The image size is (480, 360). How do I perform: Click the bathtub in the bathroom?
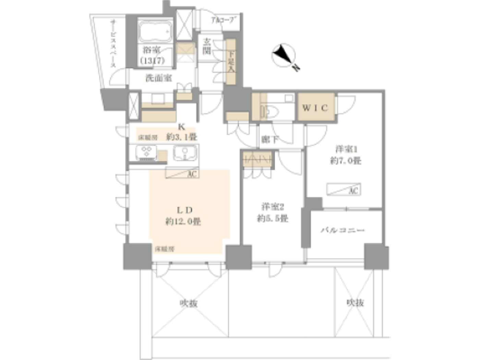pyautogui.click(x=155, y=32)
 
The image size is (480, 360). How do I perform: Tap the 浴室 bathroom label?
pyautogui.click(x=152, y=50)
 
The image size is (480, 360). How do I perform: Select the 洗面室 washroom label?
pyautogui.click(x=158, y=78)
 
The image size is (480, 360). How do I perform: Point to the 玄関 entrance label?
pyautogui.click(x=207, y=46)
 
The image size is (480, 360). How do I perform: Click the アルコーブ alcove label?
pyautogui.click(x=222, y=20)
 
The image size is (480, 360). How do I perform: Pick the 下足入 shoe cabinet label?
pyautogui.click(x=231, y=61)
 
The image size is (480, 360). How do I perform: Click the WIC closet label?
pyautogui.click(x=315, y=108)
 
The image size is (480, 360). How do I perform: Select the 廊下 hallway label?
pyautogui.click(x=269, y=139)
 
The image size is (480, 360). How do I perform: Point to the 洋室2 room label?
pyautogui.click(x=273, y=207)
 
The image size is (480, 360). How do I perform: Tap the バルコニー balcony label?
pyautogui.click(x=343, y=230)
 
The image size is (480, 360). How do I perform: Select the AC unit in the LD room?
pyautogui.click(x=182, y=173)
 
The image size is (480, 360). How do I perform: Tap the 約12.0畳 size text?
pyautogui.click(x=183, y=222)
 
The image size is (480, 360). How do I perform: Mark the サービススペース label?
pyautogui.click(x=113, y=43)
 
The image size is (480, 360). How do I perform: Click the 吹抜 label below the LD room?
pyautogui.click(x=189, y=303)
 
